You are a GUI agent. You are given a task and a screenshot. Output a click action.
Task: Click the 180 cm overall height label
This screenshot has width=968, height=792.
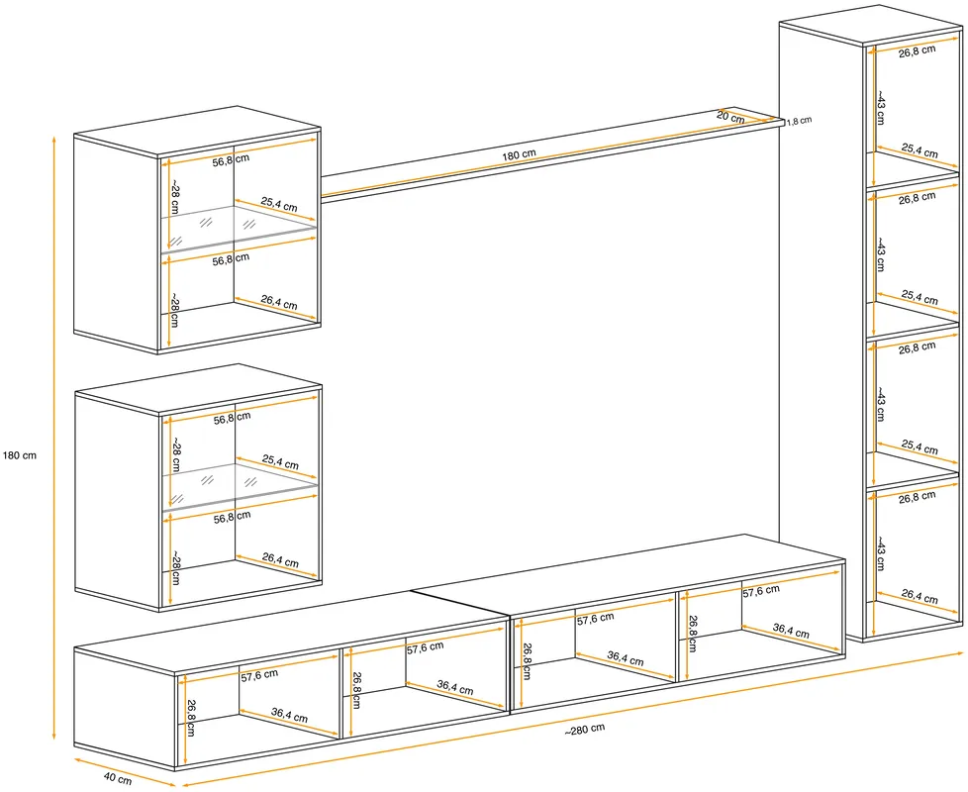tap(20, 455)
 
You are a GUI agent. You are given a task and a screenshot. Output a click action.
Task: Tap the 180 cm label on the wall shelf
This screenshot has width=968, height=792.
tap(519, 154)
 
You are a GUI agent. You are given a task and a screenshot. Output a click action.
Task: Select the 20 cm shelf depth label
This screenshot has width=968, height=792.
tap(730, 116)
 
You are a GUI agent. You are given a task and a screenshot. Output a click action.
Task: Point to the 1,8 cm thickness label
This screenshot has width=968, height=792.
tap(800, 121)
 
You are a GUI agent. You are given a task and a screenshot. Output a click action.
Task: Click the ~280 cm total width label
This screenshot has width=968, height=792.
tap(585, 730)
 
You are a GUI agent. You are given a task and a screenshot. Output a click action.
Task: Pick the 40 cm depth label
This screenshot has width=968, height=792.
tap(118, 780)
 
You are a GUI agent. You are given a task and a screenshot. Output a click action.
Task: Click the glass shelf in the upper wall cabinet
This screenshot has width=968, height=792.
tap(239, 229)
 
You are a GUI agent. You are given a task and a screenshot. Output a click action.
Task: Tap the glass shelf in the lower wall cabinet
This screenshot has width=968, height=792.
tap(241, 486)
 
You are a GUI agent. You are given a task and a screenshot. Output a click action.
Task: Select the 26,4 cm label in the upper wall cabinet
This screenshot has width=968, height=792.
tap(279, 303)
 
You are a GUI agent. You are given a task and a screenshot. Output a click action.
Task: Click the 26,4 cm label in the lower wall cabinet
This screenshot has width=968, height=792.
tap(280, 560)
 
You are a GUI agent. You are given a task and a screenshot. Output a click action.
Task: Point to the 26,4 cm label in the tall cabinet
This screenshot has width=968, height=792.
tap(920, 596)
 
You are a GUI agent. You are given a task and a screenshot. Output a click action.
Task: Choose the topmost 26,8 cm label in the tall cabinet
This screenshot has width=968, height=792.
tap(917, 51)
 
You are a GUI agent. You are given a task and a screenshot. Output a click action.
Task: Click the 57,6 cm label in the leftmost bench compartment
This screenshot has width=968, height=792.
tap(259, 675)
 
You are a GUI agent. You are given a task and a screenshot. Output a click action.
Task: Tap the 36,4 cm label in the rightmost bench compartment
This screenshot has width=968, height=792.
tap(791, 631)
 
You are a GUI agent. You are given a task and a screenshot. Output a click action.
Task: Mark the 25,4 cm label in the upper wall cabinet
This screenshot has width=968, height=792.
tap(279, 204)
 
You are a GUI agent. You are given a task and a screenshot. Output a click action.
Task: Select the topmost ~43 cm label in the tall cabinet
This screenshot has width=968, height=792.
tap(880, 107)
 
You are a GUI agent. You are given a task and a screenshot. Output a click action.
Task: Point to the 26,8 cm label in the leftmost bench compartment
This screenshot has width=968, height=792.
tap(191, 718)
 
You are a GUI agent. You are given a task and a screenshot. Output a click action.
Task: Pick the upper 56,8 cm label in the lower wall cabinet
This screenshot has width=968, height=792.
tap(233, 418)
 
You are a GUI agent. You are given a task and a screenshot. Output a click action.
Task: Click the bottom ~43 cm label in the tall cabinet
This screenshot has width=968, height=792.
tap(880, 553)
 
